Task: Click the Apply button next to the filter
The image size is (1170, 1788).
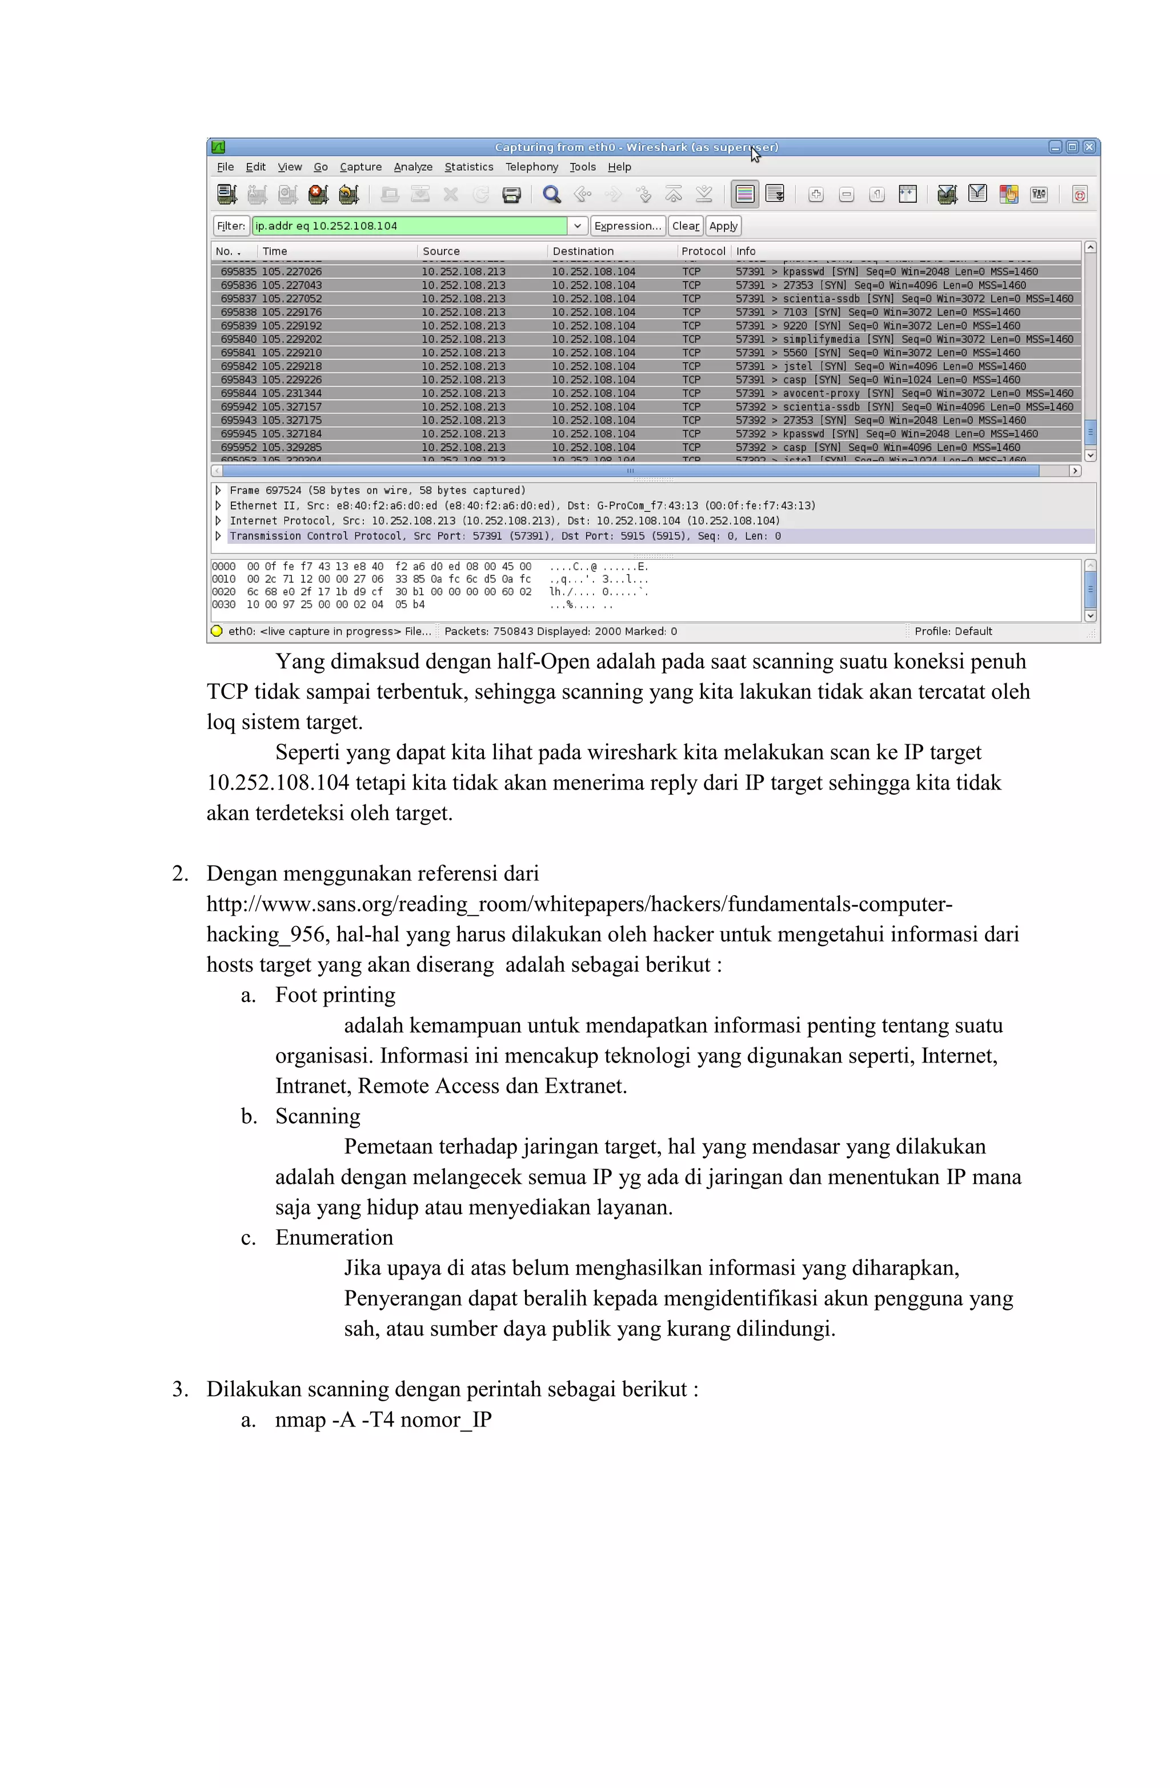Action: click(x=723, y=226)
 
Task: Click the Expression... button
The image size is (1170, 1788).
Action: click(x=627, y=226)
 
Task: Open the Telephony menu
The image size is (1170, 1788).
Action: click(x=531, y=167)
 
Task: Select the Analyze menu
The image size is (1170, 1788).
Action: click(x=412, y=167)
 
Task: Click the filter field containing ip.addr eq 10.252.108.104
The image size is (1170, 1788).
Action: click(x=410, y=226)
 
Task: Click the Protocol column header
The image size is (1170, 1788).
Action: click(x=703, y=251)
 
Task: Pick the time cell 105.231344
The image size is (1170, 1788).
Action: click(x=291, y=394)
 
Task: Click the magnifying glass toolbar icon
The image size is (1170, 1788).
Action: click(x=551, y=195)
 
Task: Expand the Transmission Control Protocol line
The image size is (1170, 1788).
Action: click(x=218, y=536)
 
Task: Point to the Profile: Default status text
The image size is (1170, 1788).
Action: click(x=953, y=632)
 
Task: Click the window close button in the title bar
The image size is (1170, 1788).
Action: click(x=1088, y=147)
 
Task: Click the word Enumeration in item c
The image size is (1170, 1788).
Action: click(x=334, y=1238)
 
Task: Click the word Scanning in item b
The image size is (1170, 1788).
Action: click(x=317, y=1116)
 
